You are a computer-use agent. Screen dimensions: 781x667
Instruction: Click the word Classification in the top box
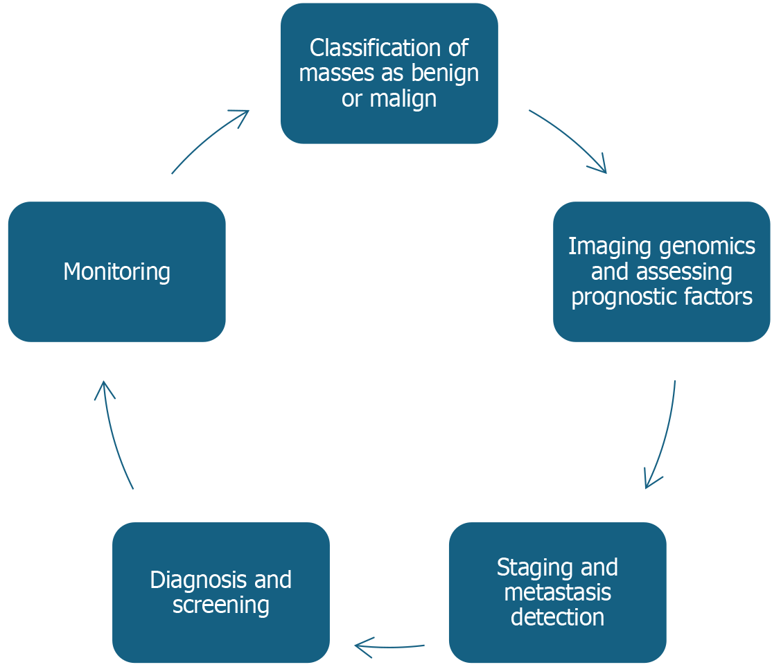375,48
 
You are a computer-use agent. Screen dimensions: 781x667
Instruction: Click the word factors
718,296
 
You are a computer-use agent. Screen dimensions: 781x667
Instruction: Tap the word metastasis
558,593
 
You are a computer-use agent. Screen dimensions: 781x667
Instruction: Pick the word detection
558,618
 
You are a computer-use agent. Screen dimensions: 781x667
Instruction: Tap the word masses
337,74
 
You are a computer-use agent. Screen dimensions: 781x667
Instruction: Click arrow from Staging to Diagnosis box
389,647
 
